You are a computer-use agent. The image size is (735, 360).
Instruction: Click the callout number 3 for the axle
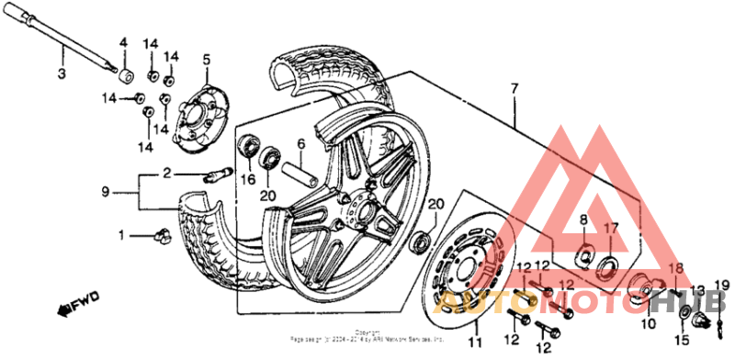pos(62,73)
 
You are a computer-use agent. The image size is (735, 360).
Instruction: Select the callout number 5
pos(206,60)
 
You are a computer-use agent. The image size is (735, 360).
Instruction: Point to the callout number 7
pos(514,89)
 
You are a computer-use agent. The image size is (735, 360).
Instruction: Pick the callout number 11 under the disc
pos(475,343)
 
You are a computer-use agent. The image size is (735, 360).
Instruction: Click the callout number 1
pos(120,235)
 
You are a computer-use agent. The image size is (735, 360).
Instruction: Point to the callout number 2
pos(167,173)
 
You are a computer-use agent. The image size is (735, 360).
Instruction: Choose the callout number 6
pos(300,143)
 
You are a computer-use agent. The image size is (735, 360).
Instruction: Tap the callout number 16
pos(246,179)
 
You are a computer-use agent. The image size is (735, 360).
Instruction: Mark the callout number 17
pos(610,228)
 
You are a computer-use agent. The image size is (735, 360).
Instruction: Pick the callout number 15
pos(684,341)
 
